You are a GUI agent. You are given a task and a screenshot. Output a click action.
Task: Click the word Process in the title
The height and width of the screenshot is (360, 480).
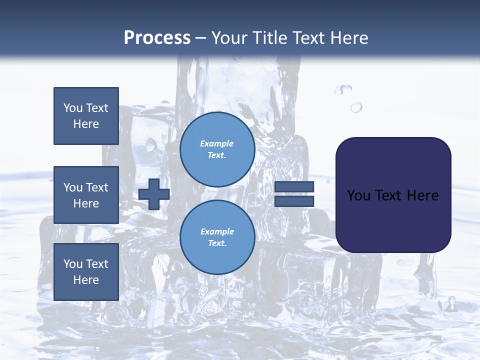(x=157, y=38)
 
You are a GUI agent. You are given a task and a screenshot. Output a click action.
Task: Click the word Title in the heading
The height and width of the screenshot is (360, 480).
(x=270, y=38)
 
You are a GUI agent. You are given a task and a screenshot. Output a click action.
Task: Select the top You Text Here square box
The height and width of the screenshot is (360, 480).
(x=86, y=116)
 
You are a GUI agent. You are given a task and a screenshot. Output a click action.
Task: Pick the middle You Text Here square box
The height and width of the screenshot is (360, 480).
(x=86, y=195)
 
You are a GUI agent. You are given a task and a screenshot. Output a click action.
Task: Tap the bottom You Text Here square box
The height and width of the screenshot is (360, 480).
(x=86, y=271)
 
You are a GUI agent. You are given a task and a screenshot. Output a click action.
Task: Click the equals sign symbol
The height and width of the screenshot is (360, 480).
(x=294, y=194)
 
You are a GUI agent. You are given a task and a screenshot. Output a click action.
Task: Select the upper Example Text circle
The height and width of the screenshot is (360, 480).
(x=217, y=149)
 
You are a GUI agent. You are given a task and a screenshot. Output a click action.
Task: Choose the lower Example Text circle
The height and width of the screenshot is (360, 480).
(x=217, y=237)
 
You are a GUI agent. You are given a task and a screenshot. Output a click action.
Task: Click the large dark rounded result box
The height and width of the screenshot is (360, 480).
(x=393, y=195)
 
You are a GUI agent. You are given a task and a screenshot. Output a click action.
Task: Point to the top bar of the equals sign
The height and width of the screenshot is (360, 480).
(x=294, y=187)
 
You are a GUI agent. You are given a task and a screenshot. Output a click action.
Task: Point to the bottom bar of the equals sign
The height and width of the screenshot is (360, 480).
(x=294, y=201)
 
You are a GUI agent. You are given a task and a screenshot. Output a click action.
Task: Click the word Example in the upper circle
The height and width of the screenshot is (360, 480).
(x=217, y=143)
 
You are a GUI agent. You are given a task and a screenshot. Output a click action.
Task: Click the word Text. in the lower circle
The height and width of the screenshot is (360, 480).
(x=217, y=243)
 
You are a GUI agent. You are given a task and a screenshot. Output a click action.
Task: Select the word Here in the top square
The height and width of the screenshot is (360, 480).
(x=86, y=124)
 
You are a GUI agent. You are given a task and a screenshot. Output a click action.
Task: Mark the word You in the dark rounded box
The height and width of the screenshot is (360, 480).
(x=359, y=195)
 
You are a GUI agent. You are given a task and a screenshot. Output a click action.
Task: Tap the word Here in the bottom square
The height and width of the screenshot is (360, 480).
(x=86, y=280)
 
